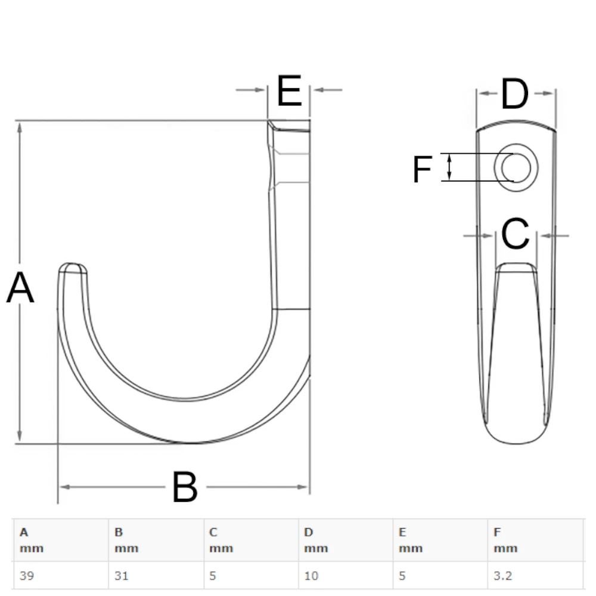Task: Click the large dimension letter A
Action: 20,288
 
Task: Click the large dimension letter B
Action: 185,488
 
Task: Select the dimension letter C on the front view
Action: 516,234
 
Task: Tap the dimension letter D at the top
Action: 515,95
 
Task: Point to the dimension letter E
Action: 290,91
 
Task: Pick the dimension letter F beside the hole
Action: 422,170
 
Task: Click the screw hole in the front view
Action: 516,167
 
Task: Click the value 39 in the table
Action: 26,576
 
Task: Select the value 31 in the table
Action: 121,576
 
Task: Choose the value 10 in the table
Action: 311,576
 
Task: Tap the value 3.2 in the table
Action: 502,576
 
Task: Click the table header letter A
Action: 23,532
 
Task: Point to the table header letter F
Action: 498,532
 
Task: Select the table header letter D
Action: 308,532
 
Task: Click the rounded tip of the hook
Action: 73,267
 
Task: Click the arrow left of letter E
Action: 250,90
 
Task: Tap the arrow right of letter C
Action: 554,236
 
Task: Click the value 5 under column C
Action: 213,576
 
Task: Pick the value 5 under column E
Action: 402,576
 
